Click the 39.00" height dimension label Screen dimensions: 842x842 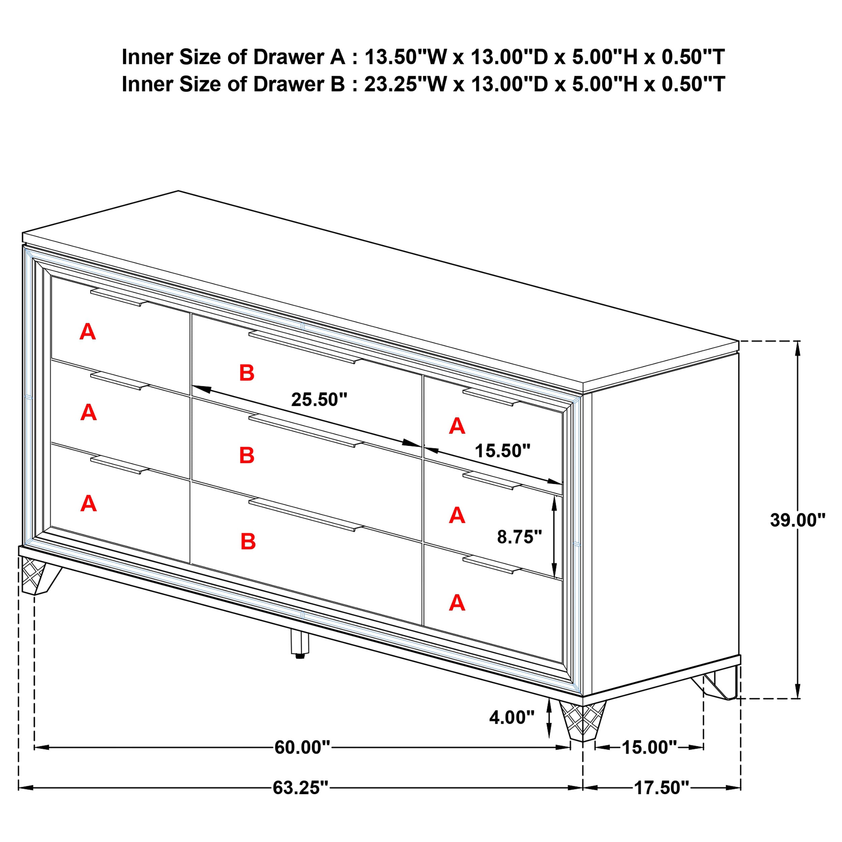click(797, 520)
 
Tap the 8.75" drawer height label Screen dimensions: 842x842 click(519, 537)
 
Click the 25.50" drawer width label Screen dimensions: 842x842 click(319, 400)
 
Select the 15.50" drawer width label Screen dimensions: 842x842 click(502, 451)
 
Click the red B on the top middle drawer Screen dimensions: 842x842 click(247, 373)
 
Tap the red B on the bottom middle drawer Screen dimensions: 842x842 click(248, 542)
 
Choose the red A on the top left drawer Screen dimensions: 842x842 click(88, 332)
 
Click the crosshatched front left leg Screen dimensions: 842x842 click(34, 577)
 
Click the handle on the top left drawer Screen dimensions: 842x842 click(119, 297)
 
